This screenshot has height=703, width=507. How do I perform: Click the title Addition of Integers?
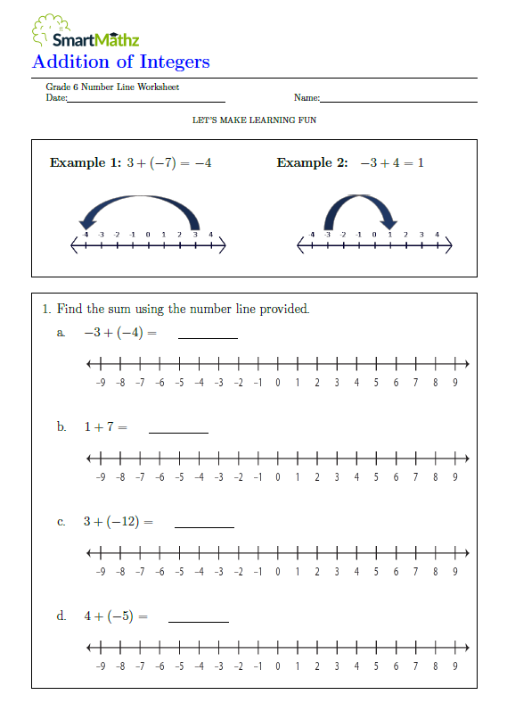tap(121, 62)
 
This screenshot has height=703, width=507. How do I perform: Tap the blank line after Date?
tap(146, 101)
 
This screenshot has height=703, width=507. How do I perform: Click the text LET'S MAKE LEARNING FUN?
tap(254, 120)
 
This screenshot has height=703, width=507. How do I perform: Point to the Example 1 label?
tap(85, 162)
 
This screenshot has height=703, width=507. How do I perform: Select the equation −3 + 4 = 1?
tap(391, 162)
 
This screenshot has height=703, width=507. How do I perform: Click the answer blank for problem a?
tap(209, 336)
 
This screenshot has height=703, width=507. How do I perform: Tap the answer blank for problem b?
tap(178, 431)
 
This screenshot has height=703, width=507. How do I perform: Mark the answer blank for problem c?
tap(204, 525)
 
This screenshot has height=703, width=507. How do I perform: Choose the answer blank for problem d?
tap(198, 619)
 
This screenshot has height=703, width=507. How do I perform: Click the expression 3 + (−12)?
tap(111, 522)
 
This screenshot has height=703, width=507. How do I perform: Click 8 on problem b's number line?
tap(435, 477)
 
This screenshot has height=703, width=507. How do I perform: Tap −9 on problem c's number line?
tap(101, 572)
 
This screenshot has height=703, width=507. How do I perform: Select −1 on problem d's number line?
tap(258, 666)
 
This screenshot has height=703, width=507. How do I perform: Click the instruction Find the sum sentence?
tap(183, 309)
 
